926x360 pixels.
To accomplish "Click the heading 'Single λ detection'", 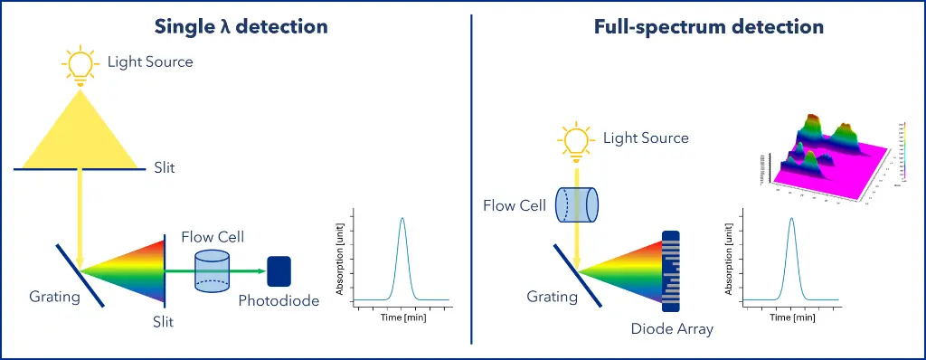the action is point(241,26).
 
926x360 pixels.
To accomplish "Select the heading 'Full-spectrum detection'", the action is point(708,26).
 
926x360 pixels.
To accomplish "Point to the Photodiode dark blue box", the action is point(279,270).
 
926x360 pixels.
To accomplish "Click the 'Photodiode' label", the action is point(279,301).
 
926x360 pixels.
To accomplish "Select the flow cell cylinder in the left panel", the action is point(213,270).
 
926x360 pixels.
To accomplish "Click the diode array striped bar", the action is point(671,270).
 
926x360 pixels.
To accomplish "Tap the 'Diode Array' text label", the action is point(672,328).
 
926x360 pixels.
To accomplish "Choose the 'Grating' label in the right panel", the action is point(553,296).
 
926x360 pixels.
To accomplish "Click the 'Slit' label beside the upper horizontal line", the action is point(165,168).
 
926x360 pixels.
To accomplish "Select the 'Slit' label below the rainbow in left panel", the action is point(164,321).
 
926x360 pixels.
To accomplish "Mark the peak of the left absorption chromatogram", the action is point(402,220).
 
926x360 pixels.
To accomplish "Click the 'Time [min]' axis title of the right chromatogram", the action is point(791,317).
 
